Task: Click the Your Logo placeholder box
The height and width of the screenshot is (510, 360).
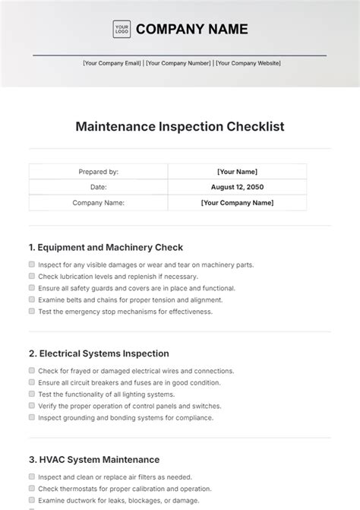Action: pyautogui.click(x=122, y=30)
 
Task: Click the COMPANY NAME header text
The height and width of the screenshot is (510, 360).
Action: pyautogui.click(x=191, y=30)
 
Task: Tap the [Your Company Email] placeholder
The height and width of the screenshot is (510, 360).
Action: pyautogui.click(x=112, y=64)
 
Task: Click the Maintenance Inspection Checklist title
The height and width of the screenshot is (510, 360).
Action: pyautogui.click(x=180, y=126)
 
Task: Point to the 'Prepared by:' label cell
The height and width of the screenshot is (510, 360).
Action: pyautogui.click(x=98, y=172)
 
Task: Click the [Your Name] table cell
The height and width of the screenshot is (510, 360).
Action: pyautogui.click(x=237, y=172)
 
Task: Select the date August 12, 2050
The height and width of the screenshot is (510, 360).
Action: pyautogui.click(x=237, y=187)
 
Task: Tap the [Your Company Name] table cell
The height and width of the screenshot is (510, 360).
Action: pyautogui.click(x=237, y=203)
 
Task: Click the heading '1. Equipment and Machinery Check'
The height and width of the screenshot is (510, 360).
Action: pyautogui.click(x=106, y=247)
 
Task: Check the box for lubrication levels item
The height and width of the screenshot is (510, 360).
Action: pyautogui.click(x=32, y=277)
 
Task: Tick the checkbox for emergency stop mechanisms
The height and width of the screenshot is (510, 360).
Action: pyautogui.click(x=32, y=311)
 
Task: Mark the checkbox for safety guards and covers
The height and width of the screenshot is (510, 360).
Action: pyautogui.click(x=32, y=288)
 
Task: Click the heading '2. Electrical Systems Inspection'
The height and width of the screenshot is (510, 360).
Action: pyautogui.click(x=99, y=353)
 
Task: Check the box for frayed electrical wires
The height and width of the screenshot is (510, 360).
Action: pyautogui.click(x=32, y=371)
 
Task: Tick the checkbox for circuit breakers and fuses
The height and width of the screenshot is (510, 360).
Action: pyautogui.click(x=32, y=382)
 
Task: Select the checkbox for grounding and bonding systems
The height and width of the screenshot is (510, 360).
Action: pyautogui.click(x=32, y=417)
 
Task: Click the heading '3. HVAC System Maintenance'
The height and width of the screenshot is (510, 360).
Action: pyautogui.click(x=94, y=460)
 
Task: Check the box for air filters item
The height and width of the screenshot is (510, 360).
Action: pyautogui.click(x=32, y=477)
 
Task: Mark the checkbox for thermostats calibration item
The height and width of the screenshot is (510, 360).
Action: pyautogui.click(x=32, y=489)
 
